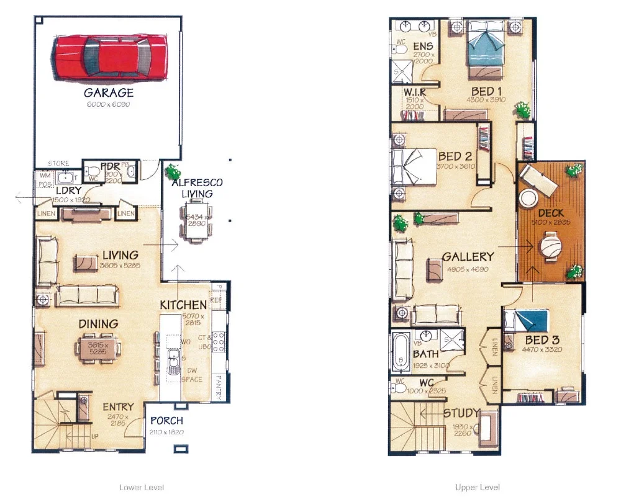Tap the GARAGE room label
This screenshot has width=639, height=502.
[109, 93]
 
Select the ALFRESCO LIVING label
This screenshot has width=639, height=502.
[197, 188]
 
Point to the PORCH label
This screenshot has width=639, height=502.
[166, 421]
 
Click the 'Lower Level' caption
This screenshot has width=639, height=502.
[142, 488]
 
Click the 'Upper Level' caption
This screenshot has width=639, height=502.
[478, 488]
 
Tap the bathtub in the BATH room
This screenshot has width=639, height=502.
[399, 351]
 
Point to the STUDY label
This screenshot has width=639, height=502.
[461, 413]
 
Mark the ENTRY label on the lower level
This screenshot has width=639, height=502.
[118, 408]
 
